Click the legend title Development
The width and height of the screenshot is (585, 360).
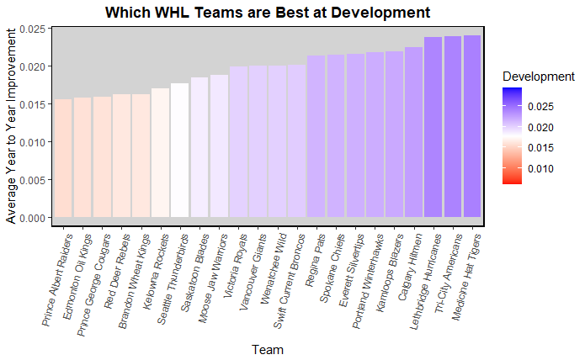pyautogui.click(x=538, y=77)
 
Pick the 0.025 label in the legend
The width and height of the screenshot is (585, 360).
pyautogui.click(x=543, y=107)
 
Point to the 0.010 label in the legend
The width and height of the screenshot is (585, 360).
pyautogui.click(x=543, y=168)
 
